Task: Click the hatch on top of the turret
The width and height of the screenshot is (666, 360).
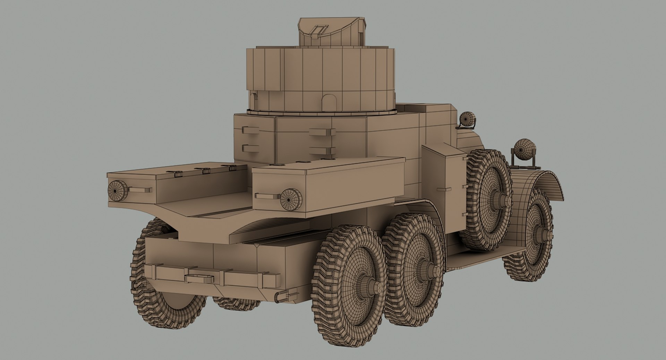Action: (331, 33)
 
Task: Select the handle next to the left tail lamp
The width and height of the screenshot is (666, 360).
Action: (140, 190)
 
